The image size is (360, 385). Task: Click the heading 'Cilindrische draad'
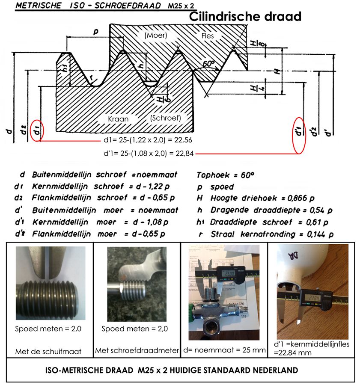tap(245, 17)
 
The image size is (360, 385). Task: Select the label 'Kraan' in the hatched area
tap(118, 118)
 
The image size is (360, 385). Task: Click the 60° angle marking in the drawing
tap(208, 64)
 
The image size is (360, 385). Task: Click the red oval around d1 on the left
tap(37, 129)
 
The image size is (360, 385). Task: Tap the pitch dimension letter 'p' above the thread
tap(95, 32)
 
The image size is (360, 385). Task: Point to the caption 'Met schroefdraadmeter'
tap(137, 350)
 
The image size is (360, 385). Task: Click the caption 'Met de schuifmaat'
tap(48, 352)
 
